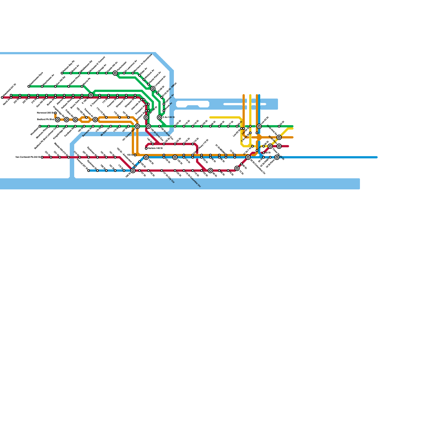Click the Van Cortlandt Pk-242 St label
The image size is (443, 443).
pyautogui.click(x=28, y=157)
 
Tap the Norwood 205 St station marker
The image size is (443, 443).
pyautogui.click(x=55, y=113)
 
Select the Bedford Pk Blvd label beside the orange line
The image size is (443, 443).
pyautogui.click(x=46, y=120)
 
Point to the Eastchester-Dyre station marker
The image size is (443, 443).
pyautogui.click(x=29, y=86)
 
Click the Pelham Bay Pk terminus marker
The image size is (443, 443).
pyautogui.click(x=62, y=73)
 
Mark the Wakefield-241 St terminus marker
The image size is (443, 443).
pyautogui.click(x=2, y=97)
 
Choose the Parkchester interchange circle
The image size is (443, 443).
pyautogui.click(x=115, y=73)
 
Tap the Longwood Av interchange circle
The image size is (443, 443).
pyautogui.click(x=153, y=89)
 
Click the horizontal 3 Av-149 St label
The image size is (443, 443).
pyautogui.click(x=169, y=117)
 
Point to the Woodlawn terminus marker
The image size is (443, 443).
pyautogui.click(x=40, y=126)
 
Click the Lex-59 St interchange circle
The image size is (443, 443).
pyautogui.click(x=259, y=126)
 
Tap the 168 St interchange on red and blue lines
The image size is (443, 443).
pyautogui.click(x=133, y=171)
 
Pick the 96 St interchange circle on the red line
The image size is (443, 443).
pyautogui.click(x=210, y=171)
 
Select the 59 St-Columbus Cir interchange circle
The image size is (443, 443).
pyautogui.click(x=248, y=157)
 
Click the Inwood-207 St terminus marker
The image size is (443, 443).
pyautogui.click(x=89, y=171)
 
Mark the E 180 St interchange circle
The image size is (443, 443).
pyautogui.click(x=91, y=95)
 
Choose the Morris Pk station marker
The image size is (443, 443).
pyautogui.click(x=82, y=86)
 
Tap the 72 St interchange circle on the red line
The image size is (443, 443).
pyautogui.click(x=237, y=168)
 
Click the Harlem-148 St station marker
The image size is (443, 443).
pyautogui.click(x=146, y=148)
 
